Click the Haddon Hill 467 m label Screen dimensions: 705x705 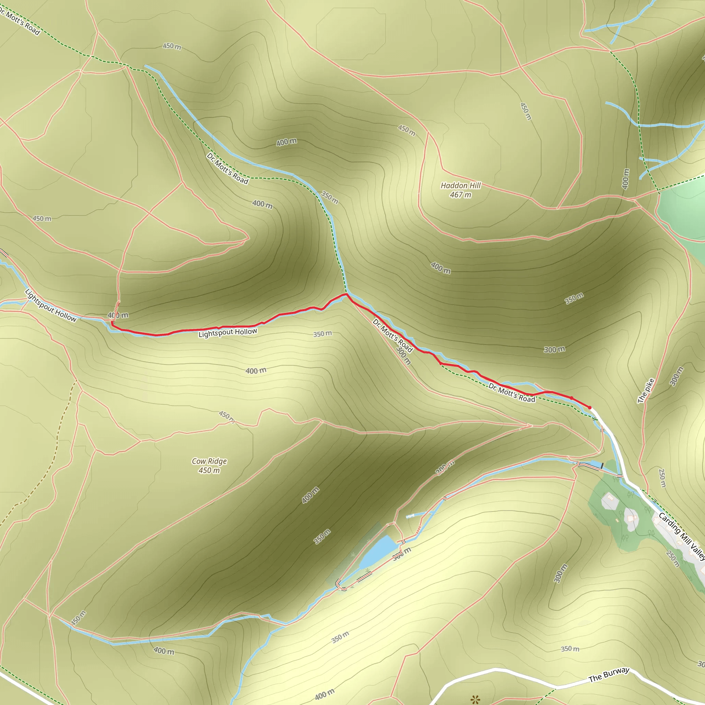click(461, 190)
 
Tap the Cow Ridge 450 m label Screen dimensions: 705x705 click(209, 466)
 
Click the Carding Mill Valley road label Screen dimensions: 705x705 click(682, 537)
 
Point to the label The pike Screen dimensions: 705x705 click(646, 391)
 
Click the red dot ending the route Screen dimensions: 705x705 click(589, 407)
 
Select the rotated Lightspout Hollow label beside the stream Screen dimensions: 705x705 click(51, 305)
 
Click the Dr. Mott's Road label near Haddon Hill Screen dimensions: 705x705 click(227, 168)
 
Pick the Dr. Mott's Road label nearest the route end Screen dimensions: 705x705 click(512, 393)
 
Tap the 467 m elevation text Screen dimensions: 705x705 click(461, 195)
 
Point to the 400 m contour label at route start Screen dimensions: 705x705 click(118, 315)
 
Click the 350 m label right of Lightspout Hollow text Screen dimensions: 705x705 click(323, 334)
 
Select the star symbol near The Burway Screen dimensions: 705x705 click(475, 699)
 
